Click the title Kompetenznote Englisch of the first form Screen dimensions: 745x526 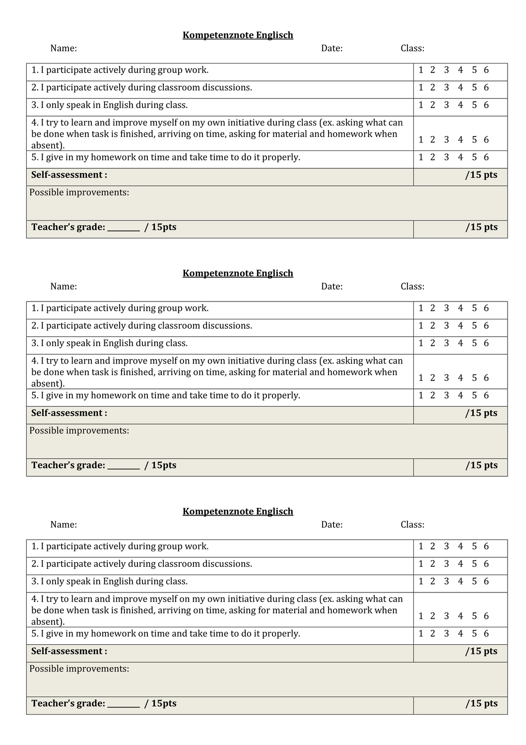pyautogui.click(x=238, y=35)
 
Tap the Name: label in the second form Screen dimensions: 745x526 pyautogui.click(x=64, y=287)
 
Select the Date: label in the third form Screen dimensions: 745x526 pyautogui.click(x=332, y=524)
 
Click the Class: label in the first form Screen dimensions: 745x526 pyautogui.click(x=412, y=49)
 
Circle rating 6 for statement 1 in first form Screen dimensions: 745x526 pyautogui.click(x=486, y=70)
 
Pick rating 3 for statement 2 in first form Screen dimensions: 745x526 pyautogui.click(x=447, y=87)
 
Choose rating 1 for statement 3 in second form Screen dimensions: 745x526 pyautogui.click(x=421, y=343)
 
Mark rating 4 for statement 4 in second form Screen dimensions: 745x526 pyautogui.click(x=460, y=378)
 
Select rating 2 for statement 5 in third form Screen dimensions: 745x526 pyautogui.click(x=433, y=634)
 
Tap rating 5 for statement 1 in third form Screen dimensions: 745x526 pyautogui.click(x=474, y=546)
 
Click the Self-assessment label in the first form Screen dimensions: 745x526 pyautogui.click(x=69, y=175)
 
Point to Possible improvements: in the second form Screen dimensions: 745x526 pyautogui.click(x=79, y=431)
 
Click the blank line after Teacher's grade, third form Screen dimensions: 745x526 pyautogui.click(x=124, y=704)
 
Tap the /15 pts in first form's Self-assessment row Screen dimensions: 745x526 pyautogui.click(x=481, y=175)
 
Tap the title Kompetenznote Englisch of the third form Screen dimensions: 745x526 pyautogui.click(x=238, y=512)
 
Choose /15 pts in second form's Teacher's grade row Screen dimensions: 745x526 pyautogui.click(x=481, y=465)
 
